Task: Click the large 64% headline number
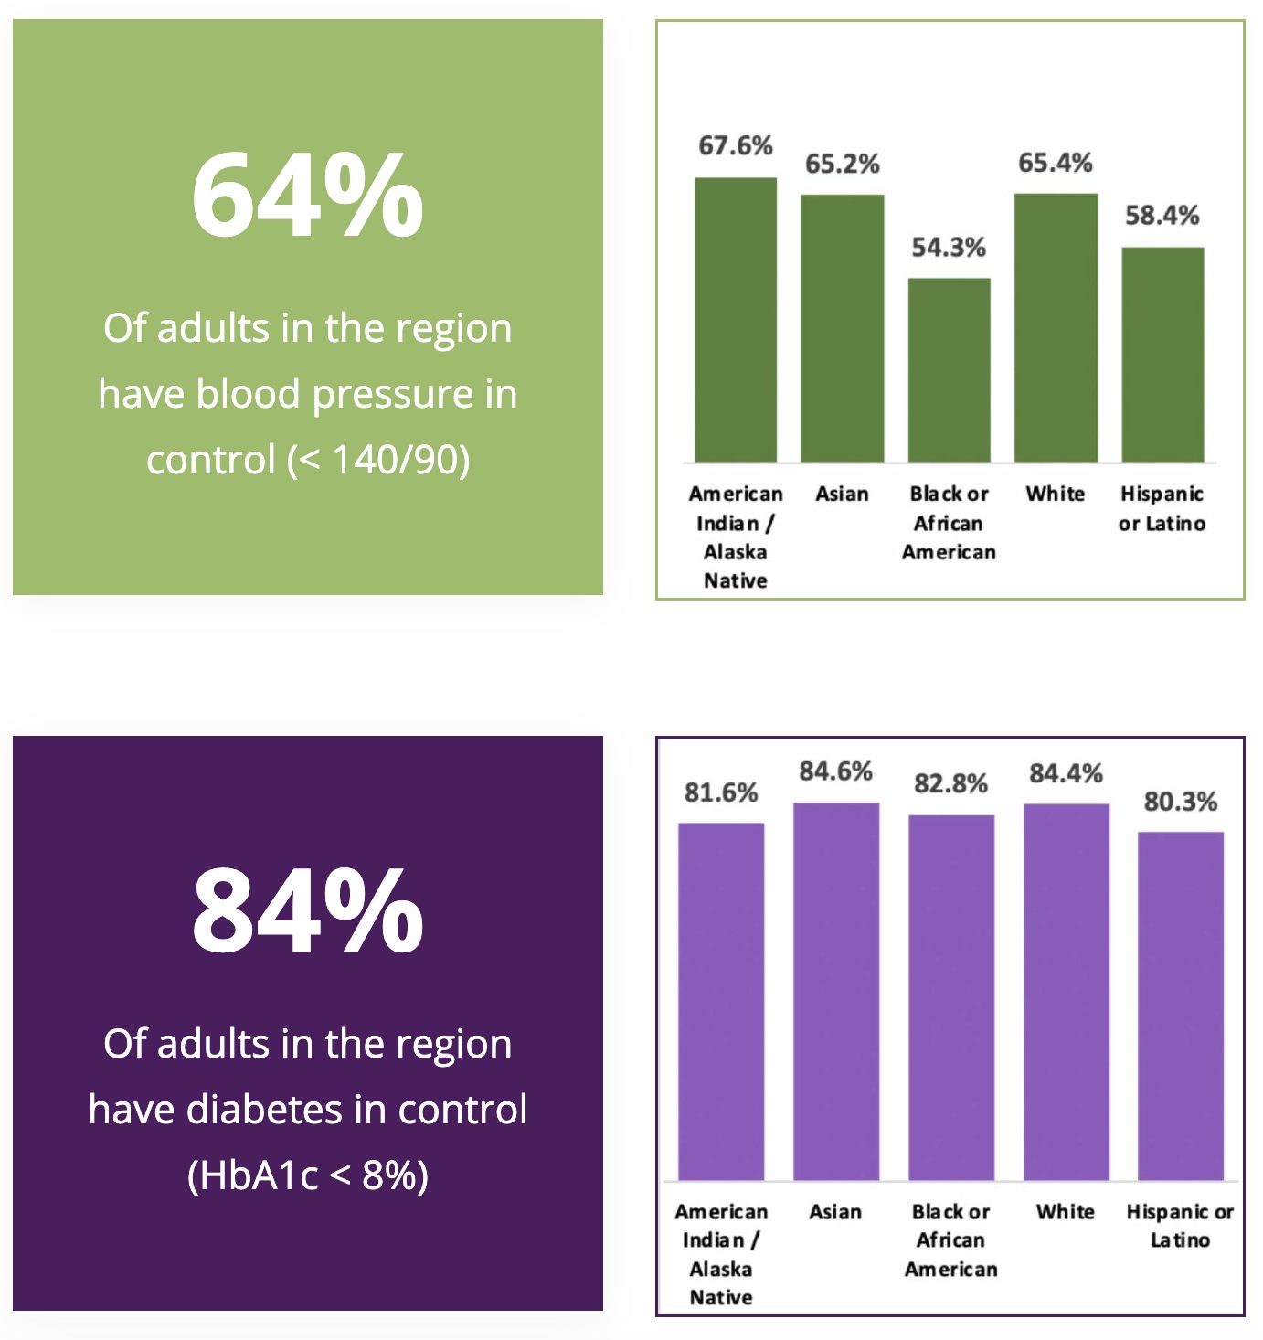307,196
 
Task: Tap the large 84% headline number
307,911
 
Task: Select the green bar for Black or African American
949,370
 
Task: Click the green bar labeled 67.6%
736,320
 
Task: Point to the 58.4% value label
1162,216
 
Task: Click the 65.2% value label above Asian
842,165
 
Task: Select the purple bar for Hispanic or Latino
1180,1005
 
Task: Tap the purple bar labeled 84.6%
835,992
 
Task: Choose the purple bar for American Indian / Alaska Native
721,1001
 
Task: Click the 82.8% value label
950,784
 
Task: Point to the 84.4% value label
1066,774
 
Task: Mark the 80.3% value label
1180,803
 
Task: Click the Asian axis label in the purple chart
835,1212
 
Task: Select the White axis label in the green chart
1056,494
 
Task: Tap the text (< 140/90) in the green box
378,460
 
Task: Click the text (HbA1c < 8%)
307,1175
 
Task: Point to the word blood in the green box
249,394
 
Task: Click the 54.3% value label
949,248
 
